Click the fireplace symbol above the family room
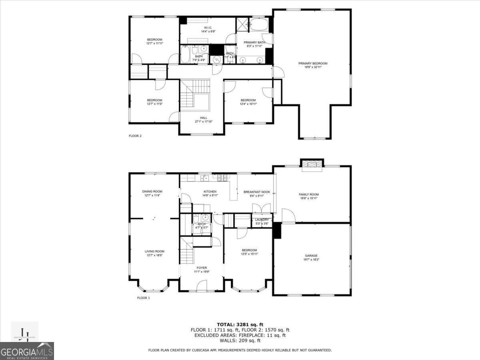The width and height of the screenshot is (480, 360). tap(312, 165)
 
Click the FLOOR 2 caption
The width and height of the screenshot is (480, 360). tap(135, 136)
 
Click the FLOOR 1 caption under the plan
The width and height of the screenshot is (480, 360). tap(143, 298)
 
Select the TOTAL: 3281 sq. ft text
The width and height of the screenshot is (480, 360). tap(240, 324)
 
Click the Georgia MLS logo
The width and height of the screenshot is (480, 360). tap(27, 351)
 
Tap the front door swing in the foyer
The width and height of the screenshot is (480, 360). tap(202, 286)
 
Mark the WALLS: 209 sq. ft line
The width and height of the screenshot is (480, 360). tap(240, 340)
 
